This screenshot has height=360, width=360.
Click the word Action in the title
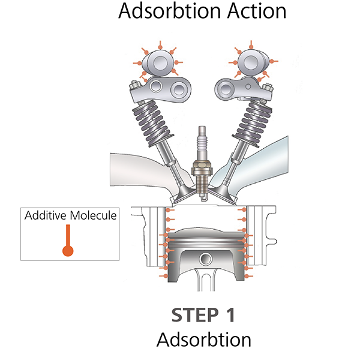(247, 11)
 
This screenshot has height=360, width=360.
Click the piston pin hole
(205, 259)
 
